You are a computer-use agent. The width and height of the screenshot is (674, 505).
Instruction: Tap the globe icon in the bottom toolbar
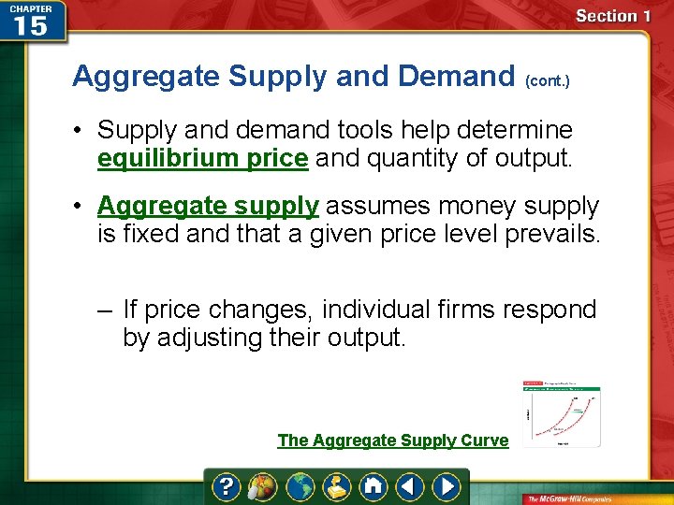300,486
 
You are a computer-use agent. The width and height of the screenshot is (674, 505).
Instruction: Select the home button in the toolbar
374,486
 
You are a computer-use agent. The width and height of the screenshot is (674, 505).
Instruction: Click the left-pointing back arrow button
410,486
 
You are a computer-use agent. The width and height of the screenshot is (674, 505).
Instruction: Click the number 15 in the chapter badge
30,25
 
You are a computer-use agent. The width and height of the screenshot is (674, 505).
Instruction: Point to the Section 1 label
613,16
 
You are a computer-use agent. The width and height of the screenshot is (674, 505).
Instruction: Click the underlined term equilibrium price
202,158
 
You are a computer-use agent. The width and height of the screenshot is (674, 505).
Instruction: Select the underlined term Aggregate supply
208,205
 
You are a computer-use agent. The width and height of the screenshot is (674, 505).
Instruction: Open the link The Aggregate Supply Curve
392,440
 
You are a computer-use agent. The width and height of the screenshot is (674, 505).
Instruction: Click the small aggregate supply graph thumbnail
562,413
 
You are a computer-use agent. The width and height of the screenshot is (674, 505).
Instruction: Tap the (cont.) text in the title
549,81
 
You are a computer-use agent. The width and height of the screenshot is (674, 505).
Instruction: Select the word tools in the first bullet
404,130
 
